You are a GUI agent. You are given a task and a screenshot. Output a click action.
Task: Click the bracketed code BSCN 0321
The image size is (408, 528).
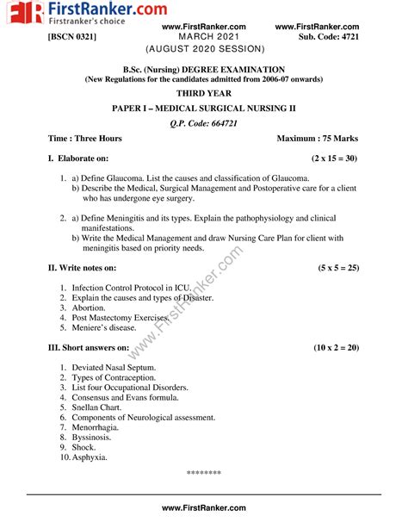72,39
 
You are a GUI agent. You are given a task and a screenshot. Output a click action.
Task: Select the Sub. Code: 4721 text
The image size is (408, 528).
330,39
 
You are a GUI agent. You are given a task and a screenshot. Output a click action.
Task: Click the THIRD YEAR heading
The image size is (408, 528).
203,92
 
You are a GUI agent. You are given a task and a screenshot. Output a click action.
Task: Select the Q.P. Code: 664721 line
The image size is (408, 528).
203,123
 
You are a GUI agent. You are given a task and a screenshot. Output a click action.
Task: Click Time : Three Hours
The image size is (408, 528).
85,139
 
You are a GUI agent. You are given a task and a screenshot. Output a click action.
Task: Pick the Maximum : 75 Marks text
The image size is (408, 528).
318,139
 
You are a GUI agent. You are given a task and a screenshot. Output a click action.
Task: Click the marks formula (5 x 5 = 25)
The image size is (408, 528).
337,268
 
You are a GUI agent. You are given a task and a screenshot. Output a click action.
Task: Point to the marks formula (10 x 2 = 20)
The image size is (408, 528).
336,348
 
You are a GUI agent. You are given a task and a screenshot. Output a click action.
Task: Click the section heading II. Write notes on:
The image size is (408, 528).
90,268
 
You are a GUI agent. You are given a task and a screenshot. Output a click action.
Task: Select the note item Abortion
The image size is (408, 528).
89,307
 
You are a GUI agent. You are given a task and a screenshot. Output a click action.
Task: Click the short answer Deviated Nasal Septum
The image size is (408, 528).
116,368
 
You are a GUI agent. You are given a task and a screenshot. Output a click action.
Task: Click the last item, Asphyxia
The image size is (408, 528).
90,457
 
